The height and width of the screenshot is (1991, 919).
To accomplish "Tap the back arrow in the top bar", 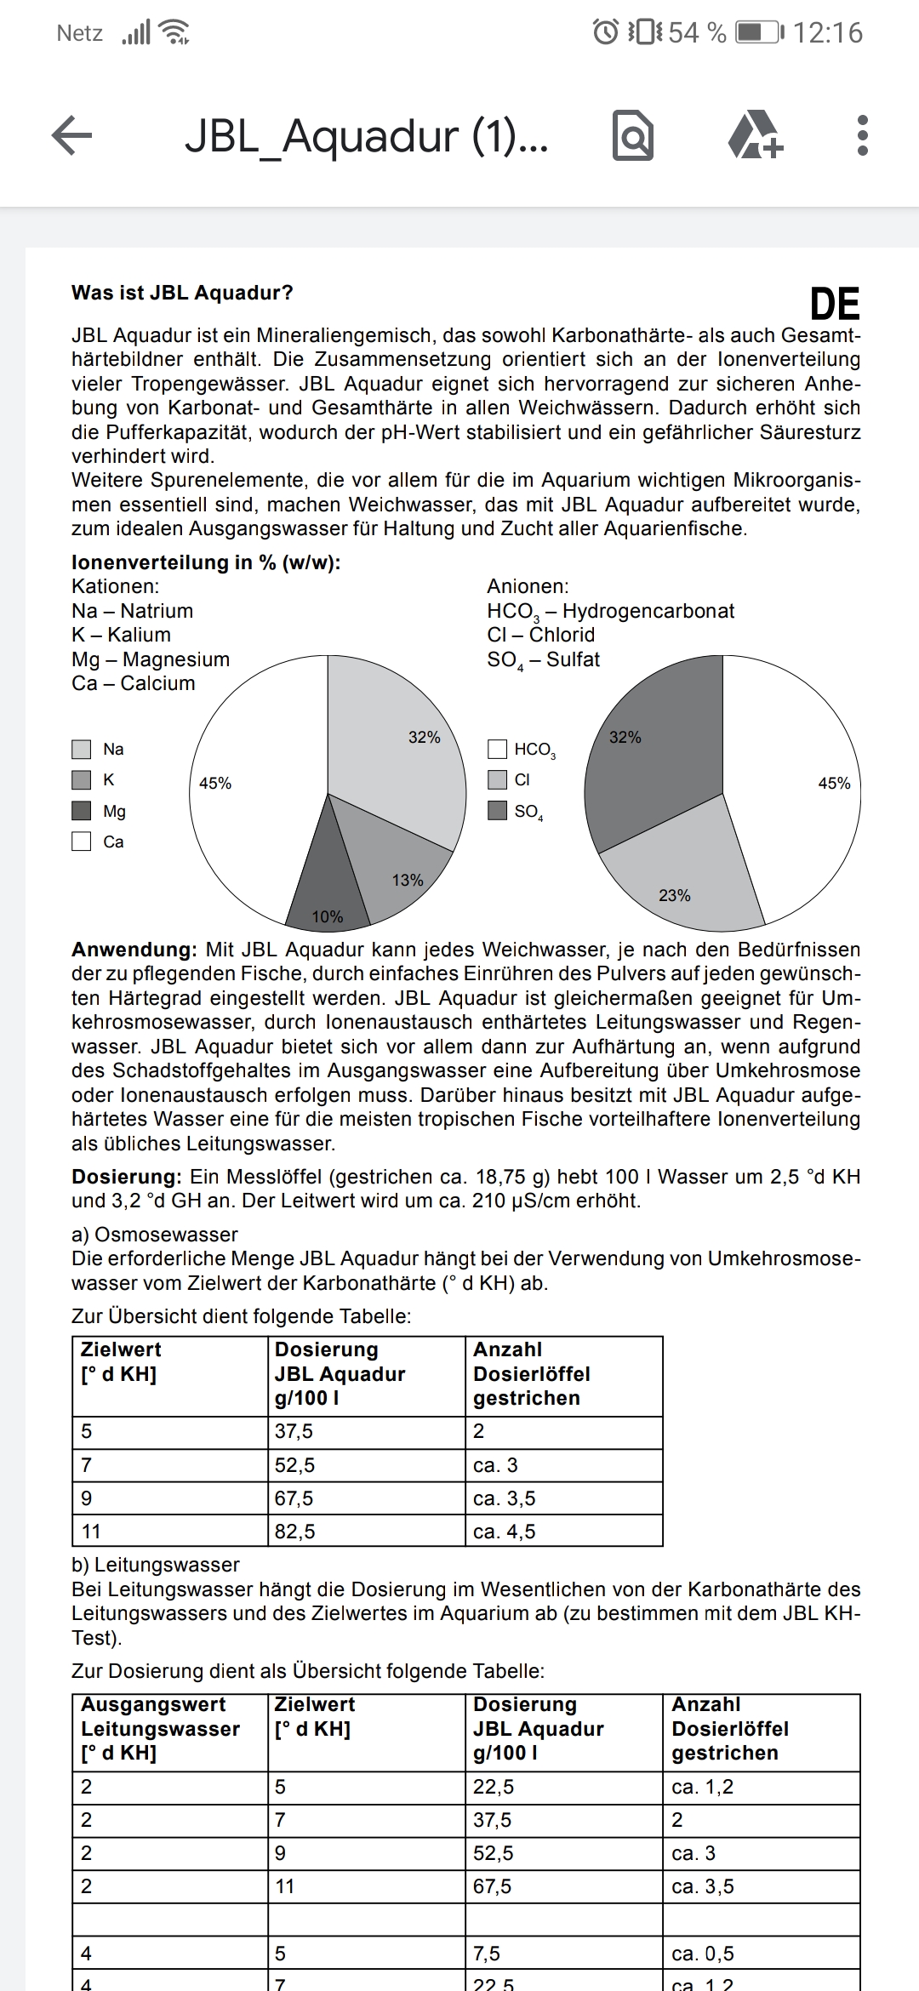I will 72,135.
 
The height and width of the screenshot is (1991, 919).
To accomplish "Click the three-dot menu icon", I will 862,135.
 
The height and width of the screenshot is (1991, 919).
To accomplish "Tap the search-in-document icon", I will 633,136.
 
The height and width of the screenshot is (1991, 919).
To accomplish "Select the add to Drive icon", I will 756,135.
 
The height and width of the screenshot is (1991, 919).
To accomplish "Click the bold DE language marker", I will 834,305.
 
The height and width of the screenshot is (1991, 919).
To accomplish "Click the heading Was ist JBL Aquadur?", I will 182,293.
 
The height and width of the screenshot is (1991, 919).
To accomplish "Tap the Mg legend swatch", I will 82,811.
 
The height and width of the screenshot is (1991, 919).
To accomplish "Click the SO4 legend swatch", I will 498,811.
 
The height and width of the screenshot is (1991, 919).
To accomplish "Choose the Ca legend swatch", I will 82,841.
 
